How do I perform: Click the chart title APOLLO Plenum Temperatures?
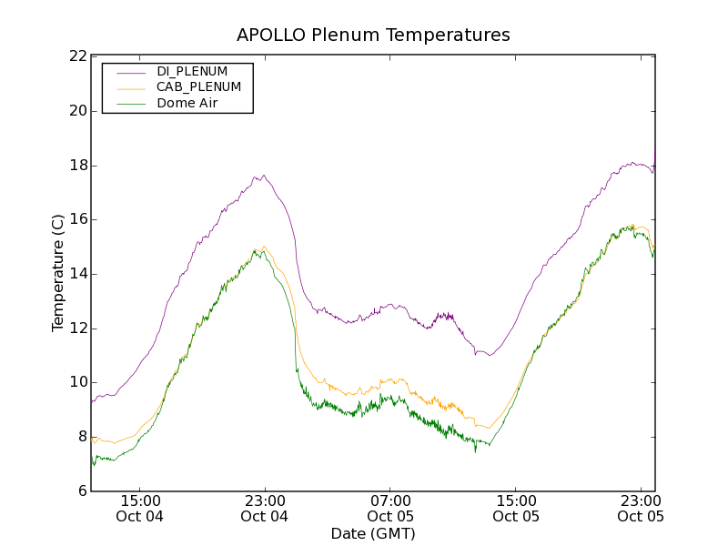[x=373, y=35]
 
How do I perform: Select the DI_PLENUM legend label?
[x=192, y=71]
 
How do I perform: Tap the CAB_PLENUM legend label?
[x=198, y=87]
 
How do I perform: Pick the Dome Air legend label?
[x=187, y=103]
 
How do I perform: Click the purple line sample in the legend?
[x=129, y=72]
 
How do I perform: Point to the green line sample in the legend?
[x=129, y=104]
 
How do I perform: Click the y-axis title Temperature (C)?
[x=58, y=273]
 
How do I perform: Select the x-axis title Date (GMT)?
[x=373, y=533]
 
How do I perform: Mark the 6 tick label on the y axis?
[x=82, y=491]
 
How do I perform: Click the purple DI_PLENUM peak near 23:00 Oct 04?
[x=263, y=176]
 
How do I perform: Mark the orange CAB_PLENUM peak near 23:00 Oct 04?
[x=264, y=246]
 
